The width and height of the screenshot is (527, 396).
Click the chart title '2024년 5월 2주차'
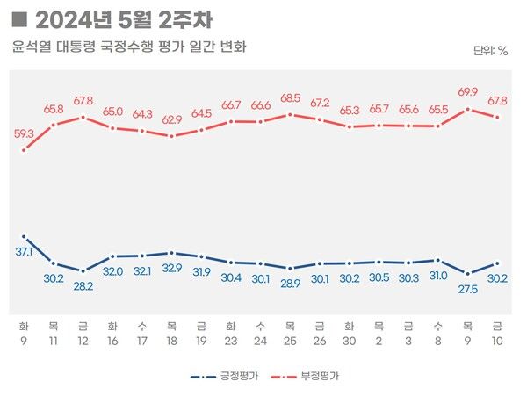coord(122,18)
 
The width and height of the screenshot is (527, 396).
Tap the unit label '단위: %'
coord(491,51)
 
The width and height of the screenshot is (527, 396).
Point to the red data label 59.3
coord(25,134)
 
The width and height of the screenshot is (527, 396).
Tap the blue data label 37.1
coord(25,252)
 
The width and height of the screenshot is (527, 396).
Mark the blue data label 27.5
coord(468,287)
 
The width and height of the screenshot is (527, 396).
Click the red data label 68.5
coord(291,97)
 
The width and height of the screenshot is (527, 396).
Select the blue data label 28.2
coord(83,285)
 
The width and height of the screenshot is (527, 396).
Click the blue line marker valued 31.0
coord(438,260)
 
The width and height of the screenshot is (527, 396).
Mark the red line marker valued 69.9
coord(468,109)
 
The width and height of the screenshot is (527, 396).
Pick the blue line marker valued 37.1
coord(25,237)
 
